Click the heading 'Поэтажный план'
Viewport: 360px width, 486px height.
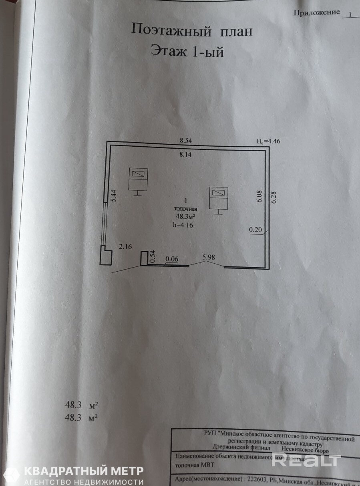point(192,30)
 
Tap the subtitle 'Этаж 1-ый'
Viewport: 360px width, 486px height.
point(187,51)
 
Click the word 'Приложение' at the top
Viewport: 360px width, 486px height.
point(316,13)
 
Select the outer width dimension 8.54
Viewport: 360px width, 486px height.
point(187,141)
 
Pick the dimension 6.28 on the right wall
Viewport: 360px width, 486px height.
point(274,198)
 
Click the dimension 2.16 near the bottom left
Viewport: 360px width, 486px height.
point(125,247)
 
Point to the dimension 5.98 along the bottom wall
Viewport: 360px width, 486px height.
point(209,258)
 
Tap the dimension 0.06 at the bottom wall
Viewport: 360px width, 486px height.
point(171,259)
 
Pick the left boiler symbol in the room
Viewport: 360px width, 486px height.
point(138,179)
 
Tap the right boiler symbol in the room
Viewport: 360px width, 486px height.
point(219,198)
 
